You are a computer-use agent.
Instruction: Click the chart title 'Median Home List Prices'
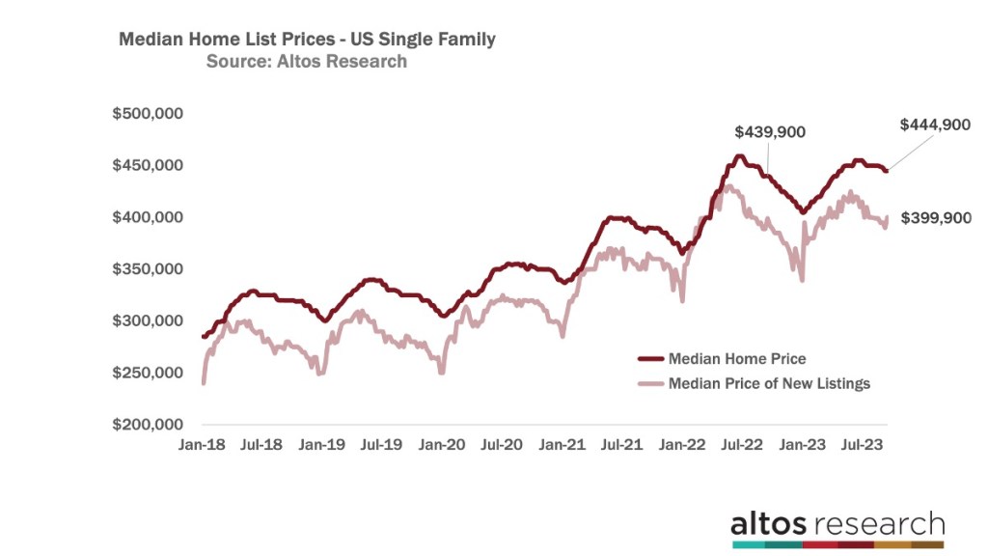click(306, 40)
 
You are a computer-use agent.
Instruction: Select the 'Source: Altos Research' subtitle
click(306, 62)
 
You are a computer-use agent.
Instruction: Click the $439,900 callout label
click(769, 132)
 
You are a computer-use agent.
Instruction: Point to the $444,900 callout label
click(934, 125)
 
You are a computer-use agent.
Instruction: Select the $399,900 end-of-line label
click(935, 218)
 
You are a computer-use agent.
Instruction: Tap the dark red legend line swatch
click(653, 358)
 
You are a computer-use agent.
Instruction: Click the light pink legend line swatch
click(653, 383)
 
